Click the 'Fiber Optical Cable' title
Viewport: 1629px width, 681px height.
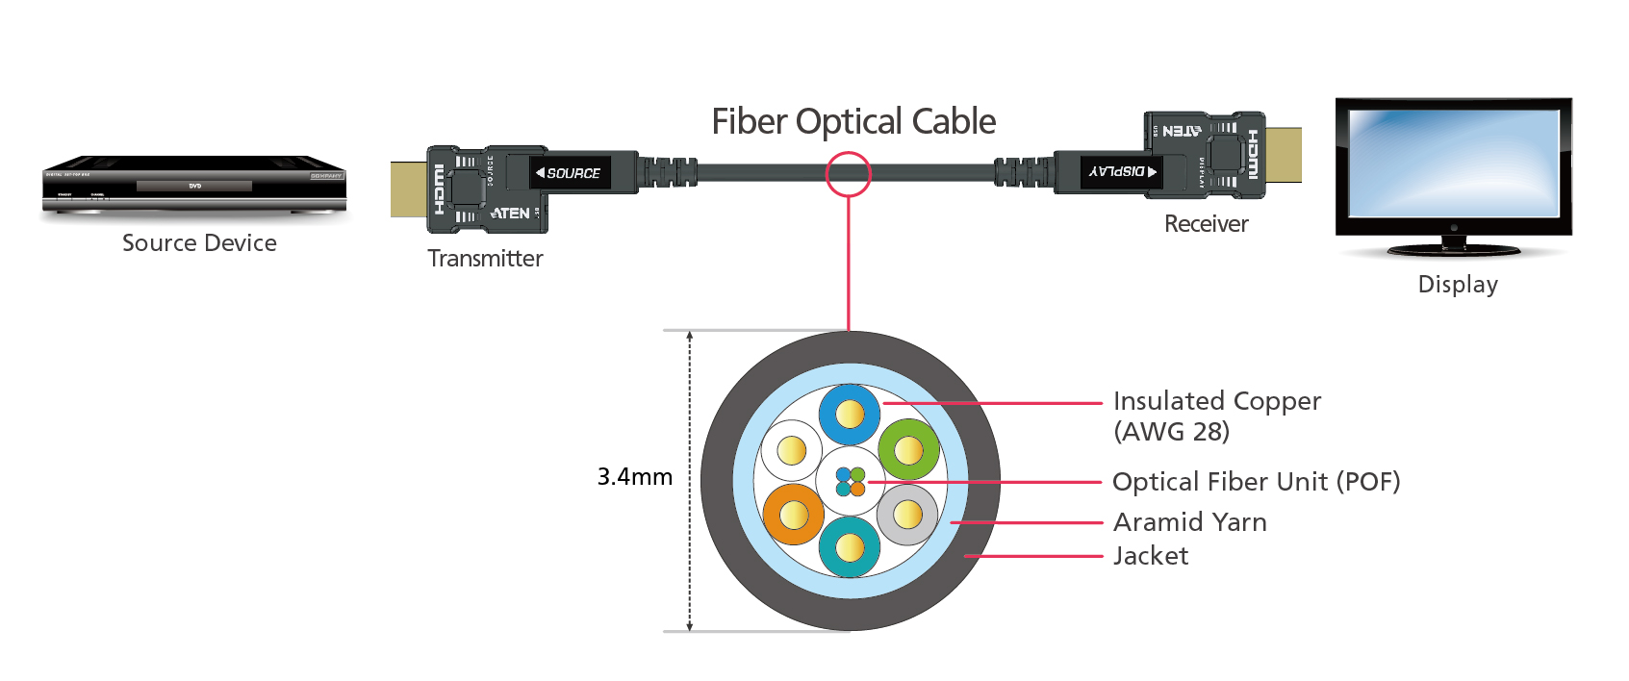pos(853,122)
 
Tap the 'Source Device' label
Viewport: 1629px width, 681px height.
pos(199,243)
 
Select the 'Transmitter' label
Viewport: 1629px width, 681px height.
pos(485,259)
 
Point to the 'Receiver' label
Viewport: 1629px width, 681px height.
pos(1206,224)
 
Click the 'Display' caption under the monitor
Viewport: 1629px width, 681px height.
pos(1458,285)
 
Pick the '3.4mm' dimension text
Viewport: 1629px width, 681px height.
pos(634,477)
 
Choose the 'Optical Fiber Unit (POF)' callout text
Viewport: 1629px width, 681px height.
pos(1256,482)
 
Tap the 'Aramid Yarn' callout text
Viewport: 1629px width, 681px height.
pos(1189,522)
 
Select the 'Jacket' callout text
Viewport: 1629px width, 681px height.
pos(1150,556)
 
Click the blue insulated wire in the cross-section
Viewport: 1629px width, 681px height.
pos(850,415)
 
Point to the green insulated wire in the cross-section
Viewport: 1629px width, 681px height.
pos(908,449)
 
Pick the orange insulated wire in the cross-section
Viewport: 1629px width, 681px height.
pos(794,515)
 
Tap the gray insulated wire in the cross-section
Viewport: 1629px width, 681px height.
pos(907,515)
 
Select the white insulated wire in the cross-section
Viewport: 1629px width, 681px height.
pos(791,450)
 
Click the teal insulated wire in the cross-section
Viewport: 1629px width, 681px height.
pos(850,547)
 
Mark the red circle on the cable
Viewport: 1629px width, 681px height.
pos(848,174)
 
